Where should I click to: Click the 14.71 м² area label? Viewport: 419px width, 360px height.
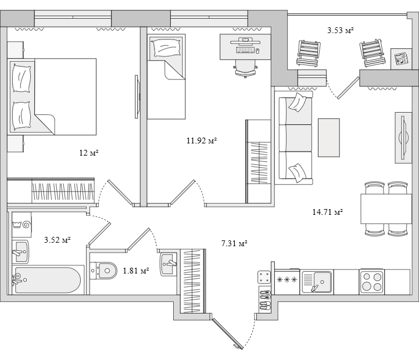(328, 212)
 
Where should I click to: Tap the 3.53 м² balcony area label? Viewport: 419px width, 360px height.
(341, 30)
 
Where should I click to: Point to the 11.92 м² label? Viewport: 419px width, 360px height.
(202, 141)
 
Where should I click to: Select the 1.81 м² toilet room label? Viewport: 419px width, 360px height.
(136, 271)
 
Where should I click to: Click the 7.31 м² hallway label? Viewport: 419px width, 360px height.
(234, 243)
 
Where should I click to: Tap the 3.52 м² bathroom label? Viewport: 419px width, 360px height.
(57, 240)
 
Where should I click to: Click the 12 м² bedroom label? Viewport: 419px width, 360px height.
(89, 153)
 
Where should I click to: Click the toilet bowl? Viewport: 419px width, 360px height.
(104, 271)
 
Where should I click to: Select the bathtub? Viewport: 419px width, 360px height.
(48, 280)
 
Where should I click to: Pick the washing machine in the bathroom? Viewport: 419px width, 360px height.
(22, 225)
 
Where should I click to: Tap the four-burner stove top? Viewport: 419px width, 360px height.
(371, 282)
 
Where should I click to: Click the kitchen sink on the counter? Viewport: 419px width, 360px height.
(317, 282)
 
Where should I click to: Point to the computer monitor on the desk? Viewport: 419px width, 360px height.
(245, 41)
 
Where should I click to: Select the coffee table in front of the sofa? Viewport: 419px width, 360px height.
(329, 138)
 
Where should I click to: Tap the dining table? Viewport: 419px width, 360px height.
(386, 208)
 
